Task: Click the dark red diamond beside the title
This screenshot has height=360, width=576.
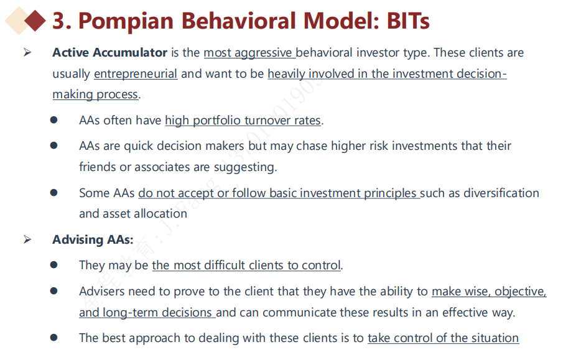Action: (35, 21)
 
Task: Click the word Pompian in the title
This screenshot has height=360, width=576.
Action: (126, 21)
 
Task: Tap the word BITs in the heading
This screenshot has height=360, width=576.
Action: (408, 21)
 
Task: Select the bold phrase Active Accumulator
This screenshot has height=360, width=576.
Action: (110, 52)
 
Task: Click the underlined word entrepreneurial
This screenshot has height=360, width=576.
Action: (136, 74)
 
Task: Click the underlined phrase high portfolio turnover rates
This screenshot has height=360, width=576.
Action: (243, 121)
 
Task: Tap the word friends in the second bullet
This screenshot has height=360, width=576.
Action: (97, 167)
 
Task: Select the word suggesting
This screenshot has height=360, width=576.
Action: (244, 167)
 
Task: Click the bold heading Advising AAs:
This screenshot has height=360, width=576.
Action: (93, 239)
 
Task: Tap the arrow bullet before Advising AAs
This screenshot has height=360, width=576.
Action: (27, 239)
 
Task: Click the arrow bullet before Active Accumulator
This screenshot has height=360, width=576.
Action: (27, 52)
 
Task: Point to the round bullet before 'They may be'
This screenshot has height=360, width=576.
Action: (54, 265)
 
